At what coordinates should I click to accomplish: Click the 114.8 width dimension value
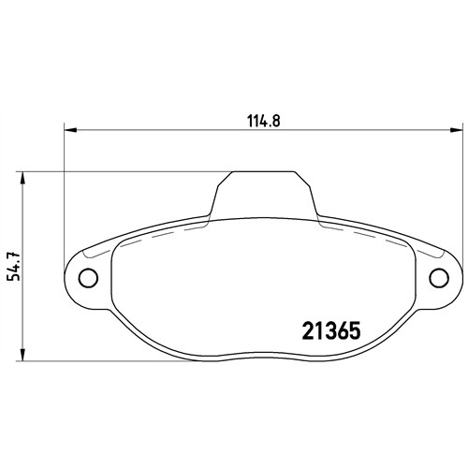click(264, 121)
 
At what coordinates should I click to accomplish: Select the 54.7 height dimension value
click(14, 266)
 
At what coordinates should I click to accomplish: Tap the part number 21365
click(331, 330)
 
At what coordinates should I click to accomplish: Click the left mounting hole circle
click(88, 278)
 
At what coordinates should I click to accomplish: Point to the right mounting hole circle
click(439, 278)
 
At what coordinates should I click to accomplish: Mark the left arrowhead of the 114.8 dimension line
click(70, 129)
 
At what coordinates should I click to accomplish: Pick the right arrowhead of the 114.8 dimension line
click(456, 129)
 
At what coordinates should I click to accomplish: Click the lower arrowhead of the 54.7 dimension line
click(22, 355)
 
